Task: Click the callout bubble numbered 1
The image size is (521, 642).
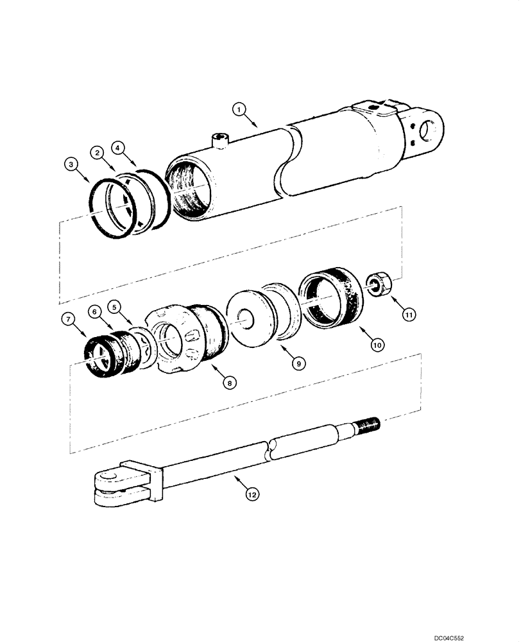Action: [238, 110]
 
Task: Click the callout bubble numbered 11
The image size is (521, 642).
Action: [409, 314]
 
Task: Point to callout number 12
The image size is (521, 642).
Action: [252, 494]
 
